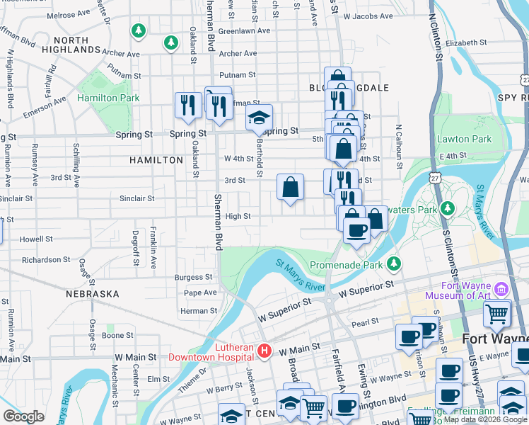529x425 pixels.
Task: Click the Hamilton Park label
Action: click(108, 98)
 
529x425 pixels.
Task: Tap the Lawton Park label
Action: click(464, 140)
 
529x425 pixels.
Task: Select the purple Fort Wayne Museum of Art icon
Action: click(501, 289)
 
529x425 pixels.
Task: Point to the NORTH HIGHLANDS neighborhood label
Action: click(71, 45)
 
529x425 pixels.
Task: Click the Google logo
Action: click(23, 416)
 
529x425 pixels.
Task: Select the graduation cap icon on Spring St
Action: click(260, 117)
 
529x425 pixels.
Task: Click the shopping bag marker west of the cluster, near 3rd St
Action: click(290, 188)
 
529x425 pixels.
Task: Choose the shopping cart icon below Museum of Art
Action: click(497, 312)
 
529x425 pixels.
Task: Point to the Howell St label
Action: click(36, 239)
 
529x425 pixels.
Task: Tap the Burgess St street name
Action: click(193, 278)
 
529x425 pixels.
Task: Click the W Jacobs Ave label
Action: click(368, 15)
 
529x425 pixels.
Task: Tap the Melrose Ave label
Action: click(67, 15)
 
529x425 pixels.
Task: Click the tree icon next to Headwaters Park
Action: click(447, 208)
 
